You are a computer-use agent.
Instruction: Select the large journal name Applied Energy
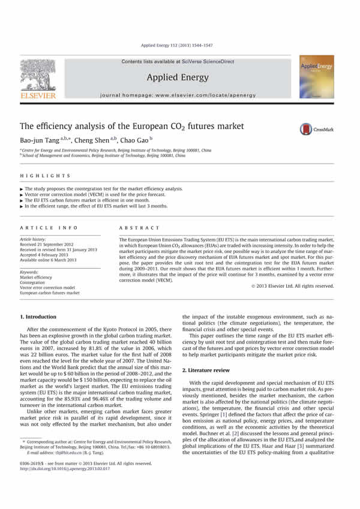180,77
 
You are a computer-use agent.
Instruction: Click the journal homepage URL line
180,95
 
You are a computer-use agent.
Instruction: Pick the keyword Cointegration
34,282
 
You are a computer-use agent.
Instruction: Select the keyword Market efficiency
36,278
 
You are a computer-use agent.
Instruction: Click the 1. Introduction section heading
41,315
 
